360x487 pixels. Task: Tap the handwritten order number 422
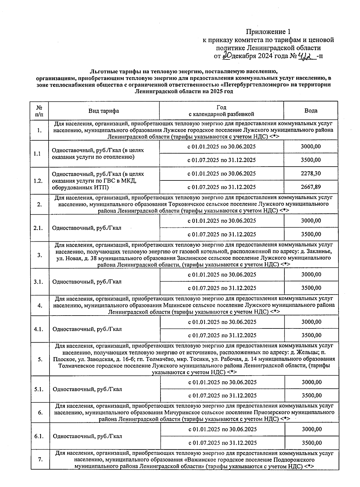(x=306, y=56)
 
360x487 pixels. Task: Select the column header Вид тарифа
(x=103, y=111)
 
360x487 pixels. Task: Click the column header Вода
(x=311, y=111)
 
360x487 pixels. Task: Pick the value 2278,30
(x=311, y=174)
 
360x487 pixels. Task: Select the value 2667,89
(x=311, y=187)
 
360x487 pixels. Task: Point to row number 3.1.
(x=39, y=282)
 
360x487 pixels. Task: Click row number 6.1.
(x=39, y=436)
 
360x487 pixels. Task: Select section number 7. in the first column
(x=40, y=460)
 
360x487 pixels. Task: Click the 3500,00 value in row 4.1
(x=311, y=335)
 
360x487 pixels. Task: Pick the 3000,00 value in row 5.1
(x=312, y=382)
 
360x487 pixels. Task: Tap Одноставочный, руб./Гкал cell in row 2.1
(x=87, y=228)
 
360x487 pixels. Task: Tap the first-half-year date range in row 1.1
(x=221, y=147)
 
